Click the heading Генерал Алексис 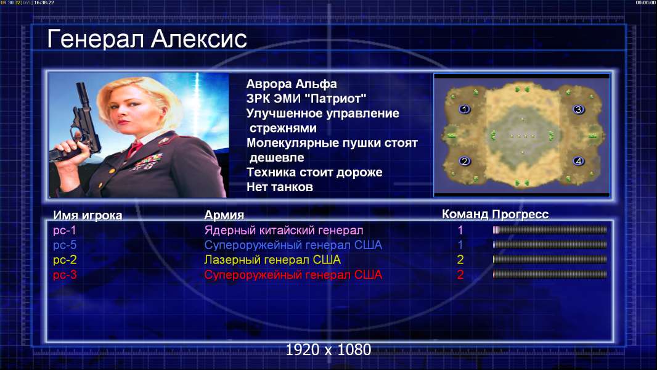tap(147, 39)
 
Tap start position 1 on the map tap(464, 109)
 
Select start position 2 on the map tap(464, 162)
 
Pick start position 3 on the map tap(579, 109)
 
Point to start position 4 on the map tap(579, 162)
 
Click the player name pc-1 tap(65, 231)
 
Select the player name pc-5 tap(65, 245)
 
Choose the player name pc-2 tap(65, 260)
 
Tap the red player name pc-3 tap(65, 275)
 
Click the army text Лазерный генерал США tap(272, 260)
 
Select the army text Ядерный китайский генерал tap(284, 231)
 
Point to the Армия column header tap(224, 215)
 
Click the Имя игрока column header tap(88, 215)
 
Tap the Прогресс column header tap(520, 214)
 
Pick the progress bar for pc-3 tap(550, 274)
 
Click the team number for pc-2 tap(460, 260)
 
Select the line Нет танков tap(279, 187)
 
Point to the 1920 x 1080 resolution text tap(328, 350)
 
